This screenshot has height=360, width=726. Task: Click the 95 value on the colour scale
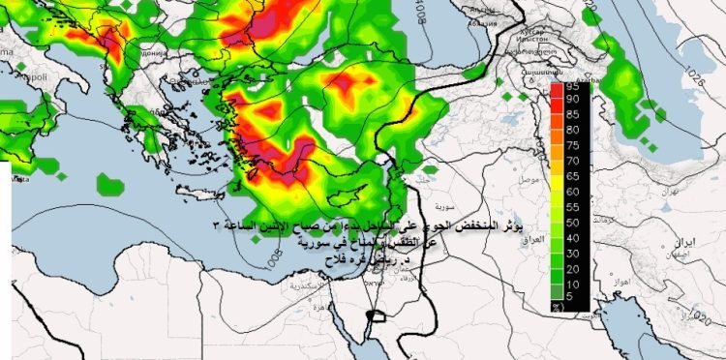pyautogui.click(x=573, y=87)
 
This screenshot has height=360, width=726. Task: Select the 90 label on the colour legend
pyautogui.click(x=573, y=99)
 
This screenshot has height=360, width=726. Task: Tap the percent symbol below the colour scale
pyautogui.click(x=559, y=306)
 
